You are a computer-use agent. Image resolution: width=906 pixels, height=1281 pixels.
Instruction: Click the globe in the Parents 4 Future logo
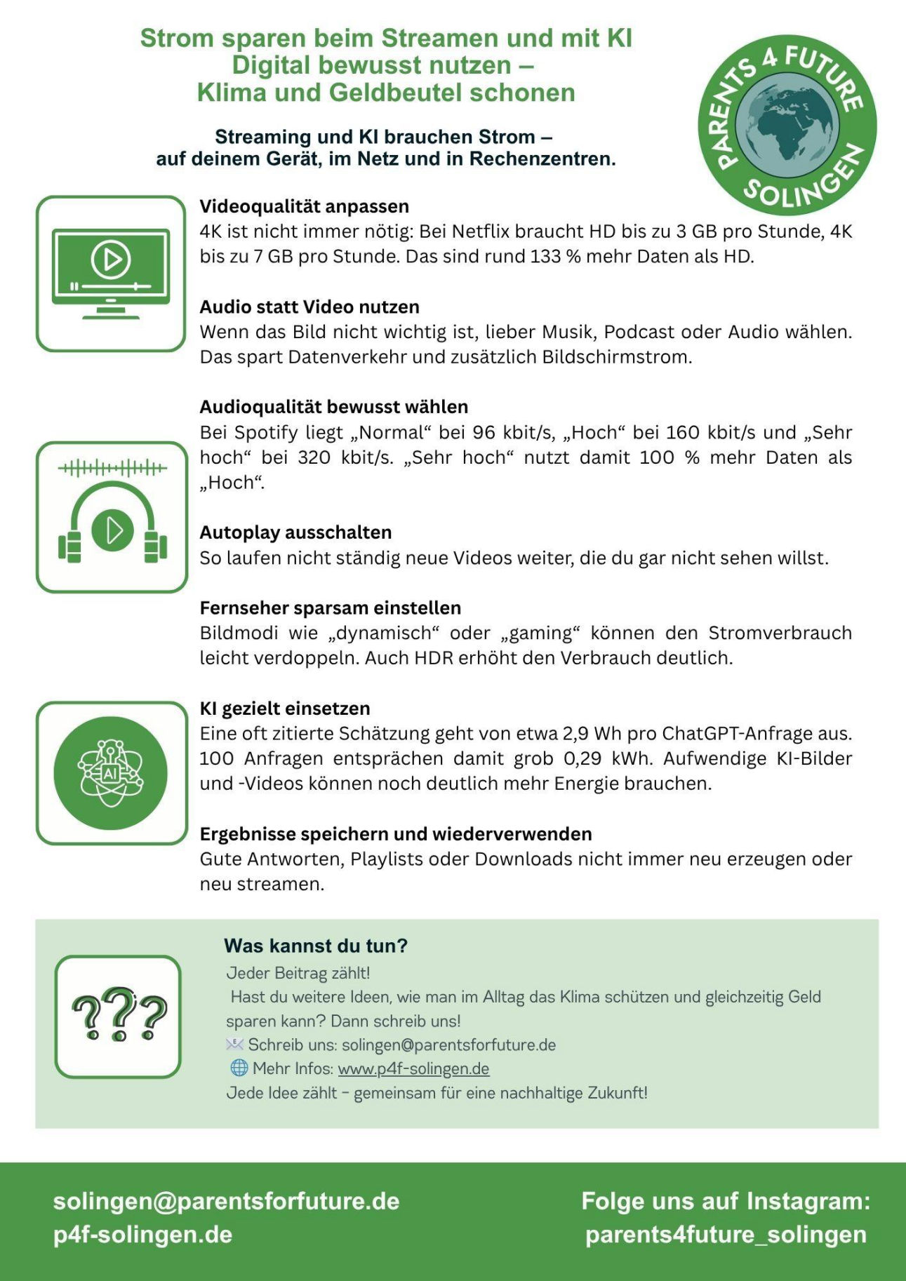pyautogui.click(x=787, y=125)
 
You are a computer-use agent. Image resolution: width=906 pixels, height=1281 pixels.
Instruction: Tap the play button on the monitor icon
pyautogui.click(x=111, y=260)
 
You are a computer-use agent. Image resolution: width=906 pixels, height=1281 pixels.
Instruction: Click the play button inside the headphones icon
pyautogui.click(x=112, y=530)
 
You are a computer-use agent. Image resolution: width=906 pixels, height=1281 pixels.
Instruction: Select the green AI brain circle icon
pyautogui.click(x=111, y=773)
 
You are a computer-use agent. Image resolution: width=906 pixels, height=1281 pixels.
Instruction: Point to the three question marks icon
pyautogui.click(x=119, y=1016)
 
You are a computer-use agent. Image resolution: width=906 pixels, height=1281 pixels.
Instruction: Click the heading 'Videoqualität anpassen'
pyautogui.click(x=304, y=206)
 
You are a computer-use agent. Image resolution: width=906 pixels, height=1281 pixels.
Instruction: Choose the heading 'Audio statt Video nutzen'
pyautogui.click(x=309, y=307)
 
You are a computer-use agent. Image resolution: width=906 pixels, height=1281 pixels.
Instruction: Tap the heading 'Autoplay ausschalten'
pyautogui.click(x=295, y=532)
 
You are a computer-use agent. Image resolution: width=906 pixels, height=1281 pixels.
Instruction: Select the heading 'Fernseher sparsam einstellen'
pyautogui.click(x=330, y=608)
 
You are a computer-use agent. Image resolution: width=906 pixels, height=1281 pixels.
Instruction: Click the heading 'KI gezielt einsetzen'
pyautogui.click(x=284, y=709)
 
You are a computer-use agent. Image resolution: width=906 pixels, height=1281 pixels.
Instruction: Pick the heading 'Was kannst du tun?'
pyautogui.click(x=315, y=946)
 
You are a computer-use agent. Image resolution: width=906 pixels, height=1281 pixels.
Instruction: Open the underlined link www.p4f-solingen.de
pyautogui.click(x=413, y=1068)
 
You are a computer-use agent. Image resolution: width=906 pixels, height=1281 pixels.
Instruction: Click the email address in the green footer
pyautogui.click(x=226, y=1201)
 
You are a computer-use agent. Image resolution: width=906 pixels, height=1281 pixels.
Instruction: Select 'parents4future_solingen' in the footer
pyautogui.click(x=726, y=1235)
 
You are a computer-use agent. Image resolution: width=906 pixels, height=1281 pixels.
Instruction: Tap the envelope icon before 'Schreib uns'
pyautogui.click(x=234, y=1045)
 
